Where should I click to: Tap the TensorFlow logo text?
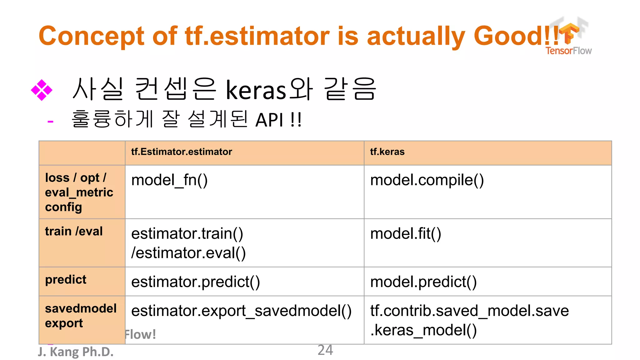click(x=568, y=51)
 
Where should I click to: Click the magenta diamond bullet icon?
click(x=42, y=90)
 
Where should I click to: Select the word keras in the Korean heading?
click(x=256, y=90)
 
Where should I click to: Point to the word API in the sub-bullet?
click(x=269, y=120)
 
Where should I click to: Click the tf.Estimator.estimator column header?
click(x=182, y=152)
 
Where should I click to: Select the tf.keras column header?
click(x=387, y=152)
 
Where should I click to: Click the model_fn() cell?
click(x=169, y=180)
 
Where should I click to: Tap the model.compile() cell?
click(x=427, y=180)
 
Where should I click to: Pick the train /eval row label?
click(x=74, y=232)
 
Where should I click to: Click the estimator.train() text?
click(x=187, y=234)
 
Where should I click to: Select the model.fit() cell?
click(x=405, y=234)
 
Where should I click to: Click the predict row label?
click(x=66, y=280)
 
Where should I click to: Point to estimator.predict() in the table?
click(x=195, y=282)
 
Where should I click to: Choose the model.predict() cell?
click(x=423, y=282)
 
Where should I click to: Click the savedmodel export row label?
click(x=81, y=316)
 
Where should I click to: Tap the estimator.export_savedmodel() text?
click(x=241, y=311)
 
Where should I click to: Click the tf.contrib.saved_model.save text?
click(x=469, y=311)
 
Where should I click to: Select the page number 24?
click(x=325, y=350)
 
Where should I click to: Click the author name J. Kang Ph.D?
click(x=76, y=352)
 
